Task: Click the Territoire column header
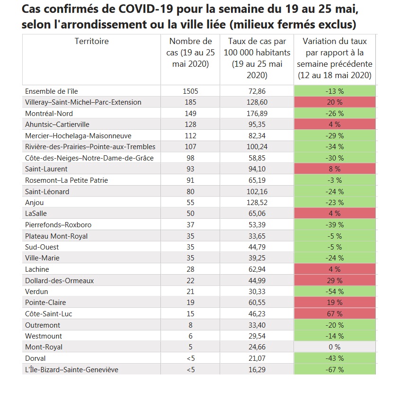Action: point(91,41)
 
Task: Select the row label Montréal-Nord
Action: point(49,113)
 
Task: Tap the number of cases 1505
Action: point(190,91)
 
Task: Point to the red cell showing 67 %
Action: point(335,313)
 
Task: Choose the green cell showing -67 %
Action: point(335,369)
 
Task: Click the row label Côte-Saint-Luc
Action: point(48,313)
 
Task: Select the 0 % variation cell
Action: point(335,347)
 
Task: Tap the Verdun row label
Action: point(37,291)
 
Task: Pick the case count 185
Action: point(190,102)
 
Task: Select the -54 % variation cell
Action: point(335,291)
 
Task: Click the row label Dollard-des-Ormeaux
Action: point(59,280)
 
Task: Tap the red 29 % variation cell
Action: point(335,280)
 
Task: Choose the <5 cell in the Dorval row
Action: point(190,358)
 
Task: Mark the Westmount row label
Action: point(43,336)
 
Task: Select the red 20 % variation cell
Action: point(335,102)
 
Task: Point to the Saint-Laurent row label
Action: point(46,169)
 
